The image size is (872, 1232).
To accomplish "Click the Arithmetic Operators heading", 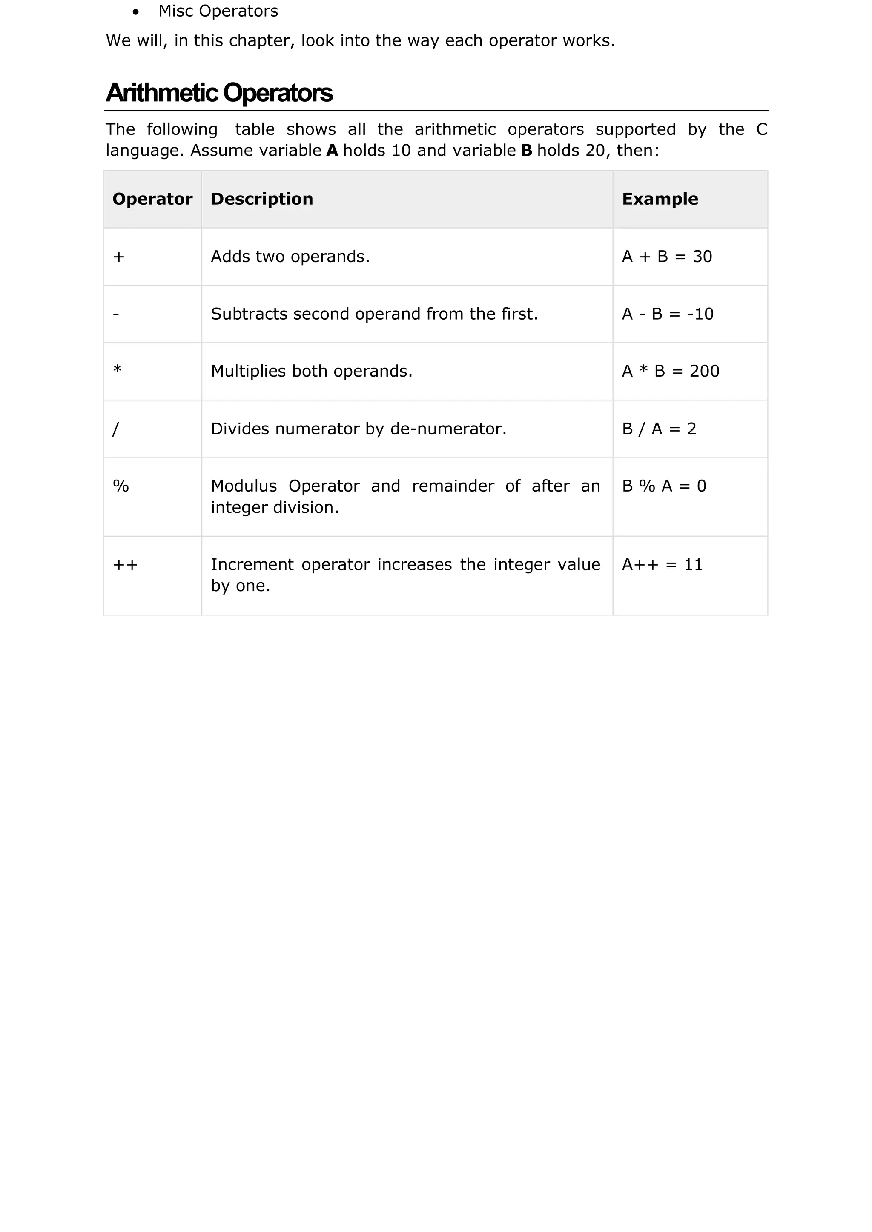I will point(219,93).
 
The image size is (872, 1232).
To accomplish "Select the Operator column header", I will point(152,199).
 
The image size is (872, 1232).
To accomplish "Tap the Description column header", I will point(262,199).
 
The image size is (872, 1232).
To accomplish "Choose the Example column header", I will point(660,199).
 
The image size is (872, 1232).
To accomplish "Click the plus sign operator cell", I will point(119,257).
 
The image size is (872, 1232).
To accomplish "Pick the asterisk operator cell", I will point(118,370).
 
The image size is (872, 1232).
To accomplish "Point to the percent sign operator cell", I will point(121,486).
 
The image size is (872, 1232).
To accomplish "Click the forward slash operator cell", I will point(115,429).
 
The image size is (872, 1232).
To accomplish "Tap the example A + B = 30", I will point(667,257).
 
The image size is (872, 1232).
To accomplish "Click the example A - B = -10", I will point(668,314).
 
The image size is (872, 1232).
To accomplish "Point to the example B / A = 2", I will point(659,429).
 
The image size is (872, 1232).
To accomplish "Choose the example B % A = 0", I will point(664,486).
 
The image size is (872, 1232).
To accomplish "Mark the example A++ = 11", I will point(662,564).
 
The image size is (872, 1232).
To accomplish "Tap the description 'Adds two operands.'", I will point(290,257).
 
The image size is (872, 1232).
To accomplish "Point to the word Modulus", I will point(244,486).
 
